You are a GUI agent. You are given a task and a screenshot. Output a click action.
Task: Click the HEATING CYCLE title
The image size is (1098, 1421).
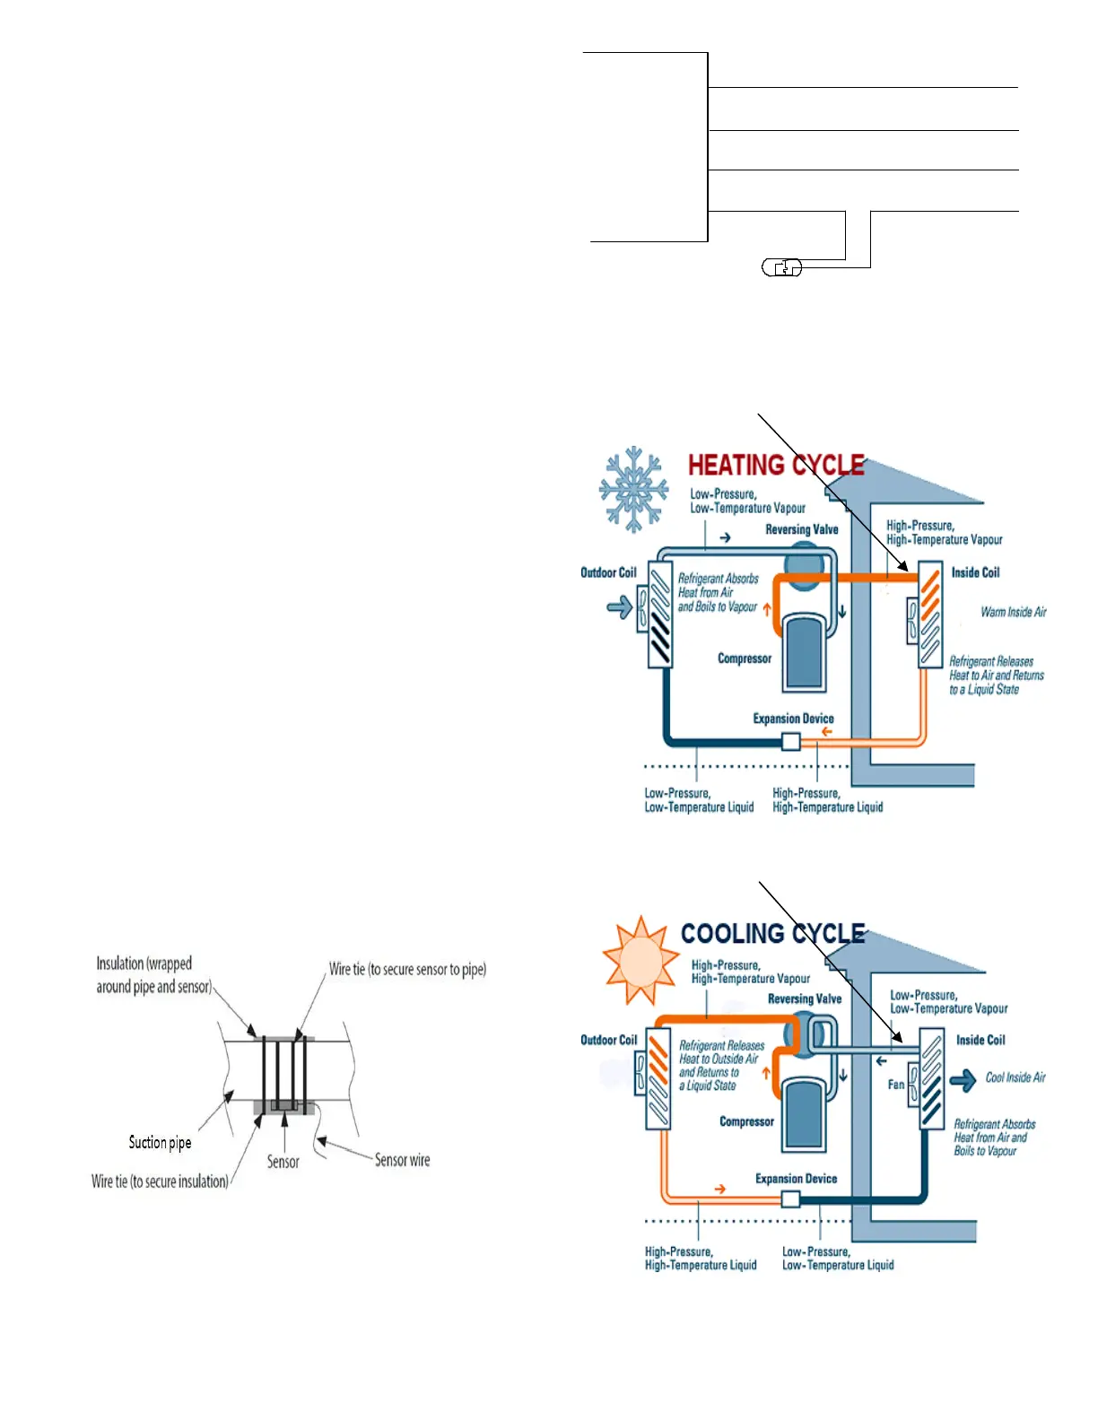click(776, 465)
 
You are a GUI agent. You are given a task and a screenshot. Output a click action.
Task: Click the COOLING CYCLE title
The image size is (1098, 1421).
click(772, 934)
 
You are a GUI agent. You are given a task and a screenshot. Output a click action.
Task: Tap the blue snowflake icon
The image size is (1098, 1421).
click(634, 489)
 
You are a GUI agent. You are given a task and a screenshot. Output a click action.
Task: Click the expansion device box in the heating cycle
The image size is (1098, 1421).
click(791, 742)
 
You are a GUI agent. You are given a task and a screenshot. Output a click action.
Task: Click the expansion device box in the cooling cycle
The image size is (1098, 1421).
click(790, 1199)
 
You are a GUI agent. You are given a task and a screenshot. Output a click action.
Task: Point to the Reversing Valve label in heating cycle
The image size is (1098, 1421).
click(801, 529)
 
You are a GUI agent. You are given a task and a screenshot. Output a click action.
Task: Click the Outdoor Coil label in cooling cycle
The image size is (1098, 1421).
click(608, 1040)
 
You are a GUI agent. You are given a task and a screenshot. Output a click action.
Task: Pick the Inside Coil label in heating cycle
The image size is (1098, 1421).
click(975, 572)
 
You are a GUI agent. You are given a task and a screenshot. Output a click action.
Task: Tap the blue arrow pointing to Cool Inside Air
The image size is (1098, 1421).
click(963, 1080)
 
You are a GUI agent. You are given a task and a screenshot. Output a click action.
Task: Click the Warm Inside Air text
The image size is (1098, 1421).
click(1014, 612)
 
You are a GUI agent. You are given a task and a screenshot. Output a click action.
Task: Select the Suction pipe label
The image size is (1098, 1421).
click(160, 1142)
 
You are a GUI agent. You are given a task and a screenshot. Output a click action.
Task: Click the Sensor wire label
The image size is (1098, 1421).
click(402, 1160)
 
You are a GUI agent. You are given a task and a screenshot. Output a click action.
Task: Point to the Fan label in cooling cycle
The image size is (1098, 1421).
click(896, 1085)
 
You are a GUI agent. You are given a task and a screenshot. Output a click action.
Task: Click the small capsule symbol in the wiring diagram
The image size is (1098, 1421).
click(782, 267)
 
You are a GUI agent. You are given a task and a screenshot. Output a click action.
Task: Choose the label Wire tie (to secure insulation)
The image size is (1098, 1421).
click(160, 1181)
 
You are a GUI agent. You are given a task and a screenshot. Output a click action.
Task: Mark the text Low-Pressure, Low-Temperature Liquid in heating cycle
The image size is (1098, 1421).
click(699, 800)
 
